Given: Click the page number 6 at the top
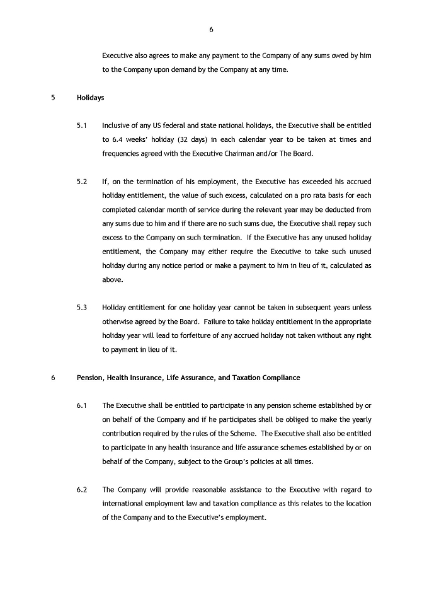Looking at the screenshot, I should click(x=211, y=29).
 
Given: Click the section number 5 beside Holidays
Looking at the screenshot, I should click(x=53, y=98).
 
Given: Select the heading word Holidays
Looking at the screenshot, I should click(x=91, y=98).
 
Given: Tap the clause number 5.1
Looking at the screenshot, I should click(x=81, y=125).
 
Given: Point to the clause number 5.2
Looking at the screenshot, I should click(x=81, y=182).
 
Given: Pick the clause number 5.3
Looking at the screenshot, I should click(x=81, y=308).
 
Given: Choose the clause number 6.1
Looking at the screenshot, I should click(x=81, y=405).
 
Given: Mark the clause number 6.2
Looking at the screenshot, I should click(x=81, y=490).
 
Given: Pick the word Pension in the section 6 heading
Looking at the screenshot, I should click(x=89, y=378).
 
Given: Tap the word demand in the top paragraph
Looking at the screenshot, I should click(x=196, y=69).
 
